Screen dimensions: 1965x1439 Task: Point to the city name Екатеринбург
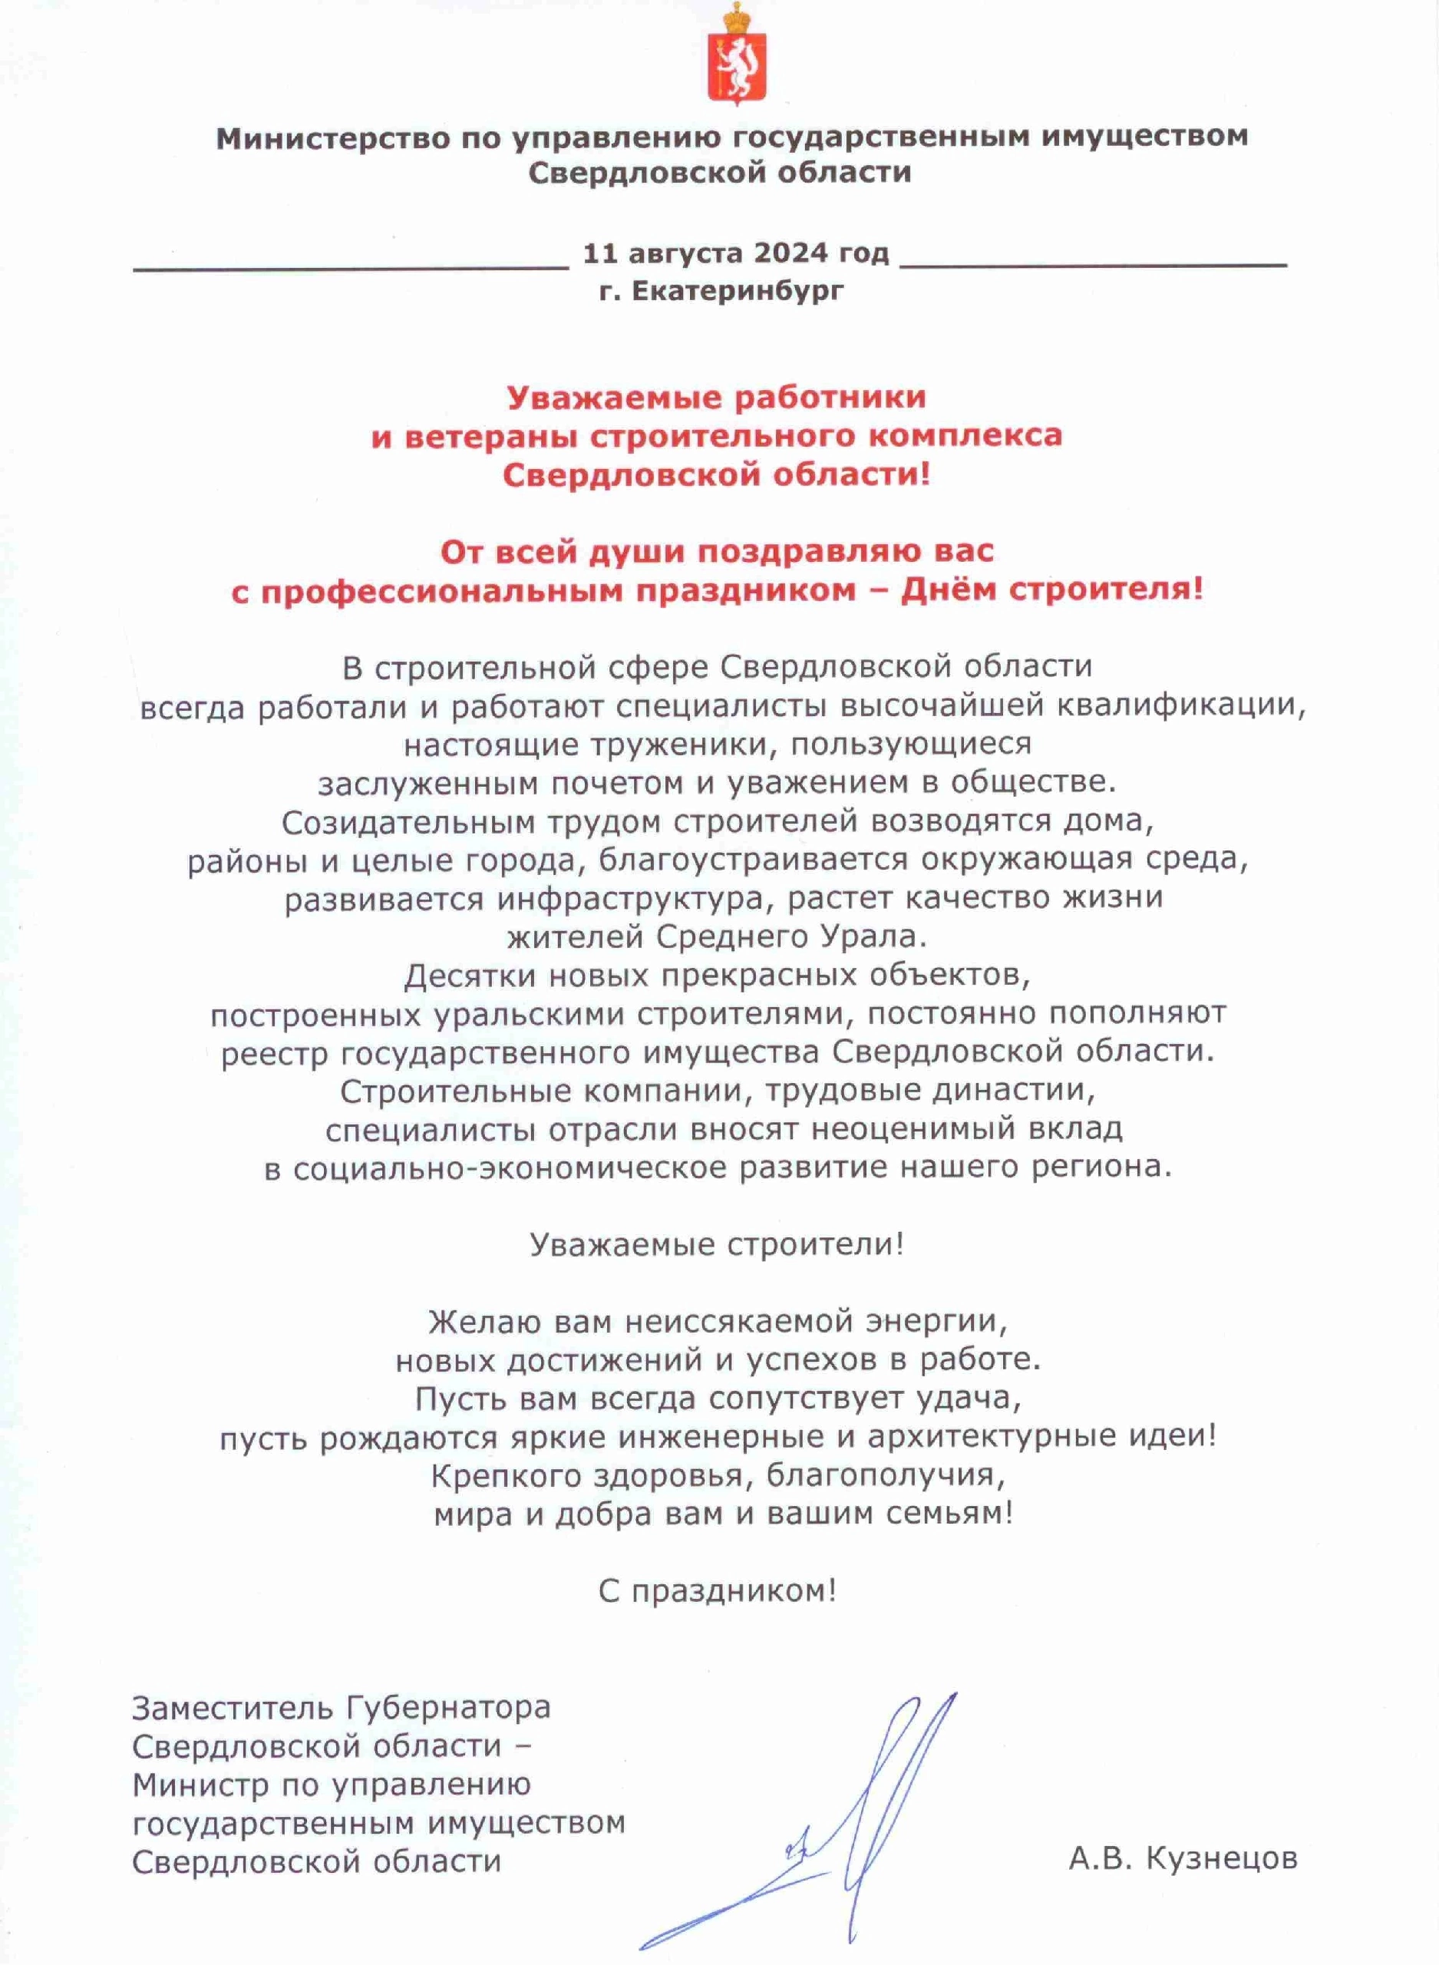(x=738, y=290)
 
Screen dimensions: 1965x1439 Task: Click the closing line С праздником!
(x=717, y=1591)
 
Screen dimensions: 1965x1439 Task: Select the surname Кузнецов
(x=1221, y=1858)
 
